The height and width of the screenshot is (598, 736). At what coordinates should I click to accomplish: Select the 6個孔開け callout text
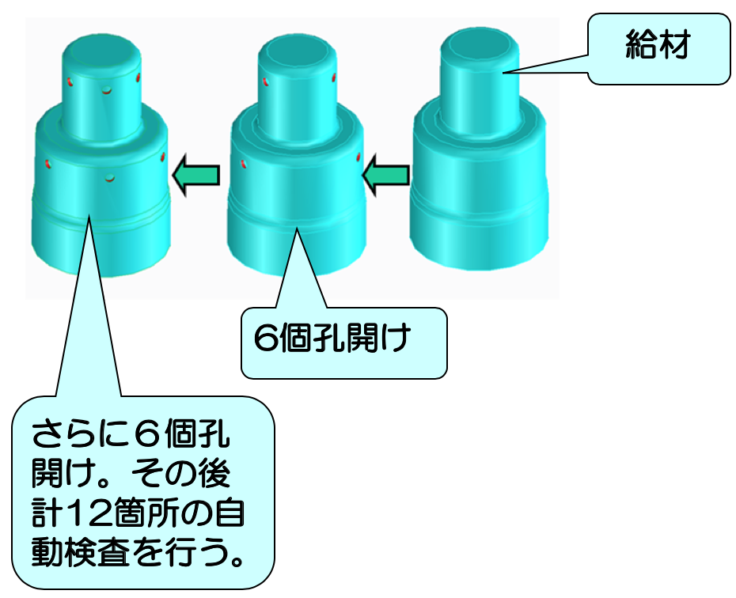click(332, 337)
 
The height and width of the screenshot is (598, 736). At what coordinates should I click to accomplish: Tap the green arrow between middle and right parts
click(386, 175)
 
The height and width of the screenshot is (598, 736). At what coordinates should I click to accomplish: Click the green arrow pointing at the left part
click(196, 175)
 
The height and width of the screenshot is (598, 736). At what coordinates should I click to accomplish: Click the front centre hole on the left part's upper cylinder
click(108, 89)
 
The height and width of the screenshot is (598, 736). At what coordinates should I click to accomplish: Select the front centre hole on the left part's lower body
click(110, 178)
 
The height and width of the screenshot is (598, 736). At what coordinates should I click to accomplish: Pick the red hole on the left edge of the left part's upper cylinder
click(69, 81)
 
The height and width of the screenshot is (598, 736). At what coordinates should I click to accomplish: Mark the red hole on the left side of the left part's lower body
click(47, 164)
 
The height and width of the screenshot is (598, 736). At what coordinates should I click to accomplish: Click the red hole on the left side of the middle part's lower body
click(244, 164)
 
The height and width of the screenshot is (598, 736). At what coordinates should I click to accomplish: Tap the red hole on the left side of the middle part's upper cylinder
click(265, 81)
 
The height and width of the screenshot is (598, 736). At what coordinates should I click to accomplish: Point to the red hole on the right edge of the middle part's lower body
click(359, 157)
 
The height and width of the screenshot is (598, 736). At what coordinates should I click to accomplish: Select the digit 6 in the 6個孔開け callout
click(266, 338)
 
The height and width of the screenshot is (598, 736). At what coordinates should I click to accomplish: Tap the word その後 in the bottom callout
click(180, 474)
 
